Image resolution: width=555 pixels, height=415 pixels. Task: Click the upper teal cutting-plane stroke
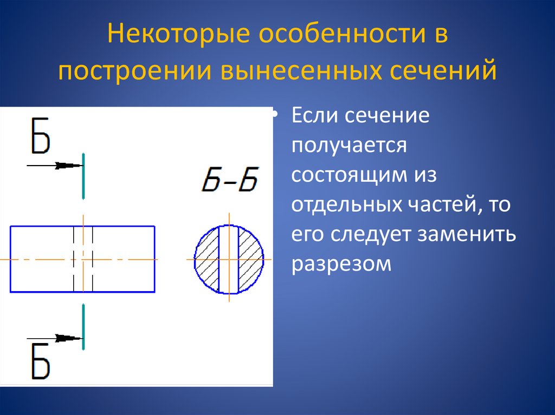point(83,176)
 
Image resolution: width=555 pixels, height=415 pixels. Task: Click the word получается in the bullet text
point(349,146)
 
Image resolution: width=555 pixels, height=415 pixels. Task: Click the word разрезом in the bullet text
point(341,265)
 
